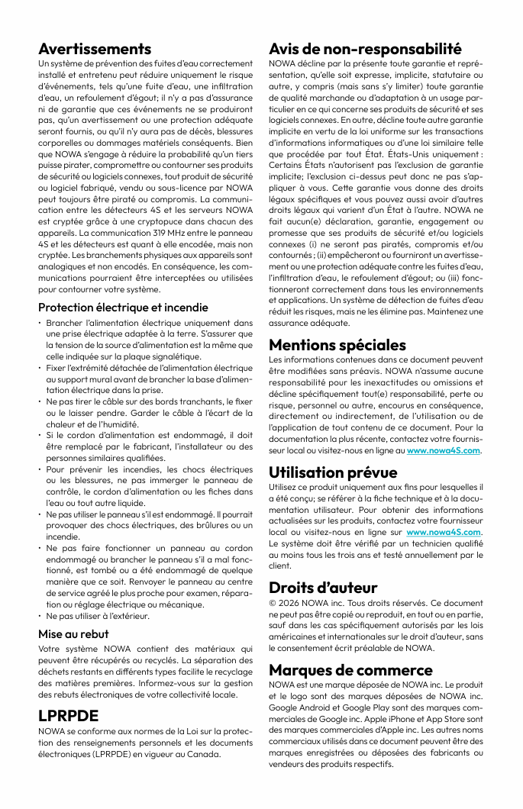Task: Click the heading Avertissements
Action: tap(95, 49)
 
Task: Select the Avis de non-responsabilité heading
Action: tap(365, 49)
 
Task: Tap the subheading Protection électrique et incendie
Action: tap(123, 308)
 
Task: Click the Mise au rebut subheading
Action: tap(73, 633)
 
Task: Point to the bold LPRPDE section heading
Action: tap(69, 716)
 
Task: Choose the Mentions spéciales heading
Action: tap(337, 345)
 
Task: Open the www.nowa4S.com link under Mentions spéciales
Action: tap(444, 450)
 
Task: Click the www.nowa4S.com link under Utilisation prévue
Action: tap(445, 531)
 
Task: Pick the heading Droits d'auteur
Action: tap(323, 588)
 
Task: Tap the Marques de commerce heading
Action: tap(350, 670)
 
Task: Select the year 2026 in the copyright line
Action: tap(289, 603)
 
